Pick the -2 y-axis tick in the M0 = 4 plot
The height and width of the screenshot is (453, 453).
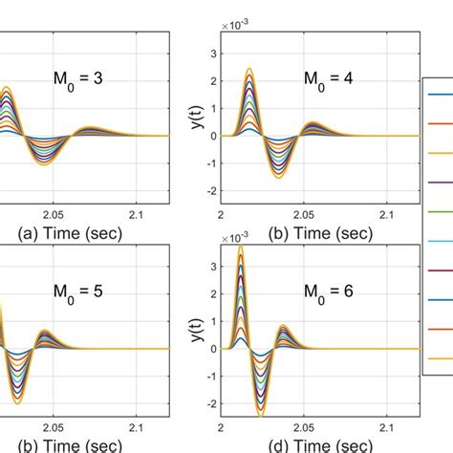(212, 191)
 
